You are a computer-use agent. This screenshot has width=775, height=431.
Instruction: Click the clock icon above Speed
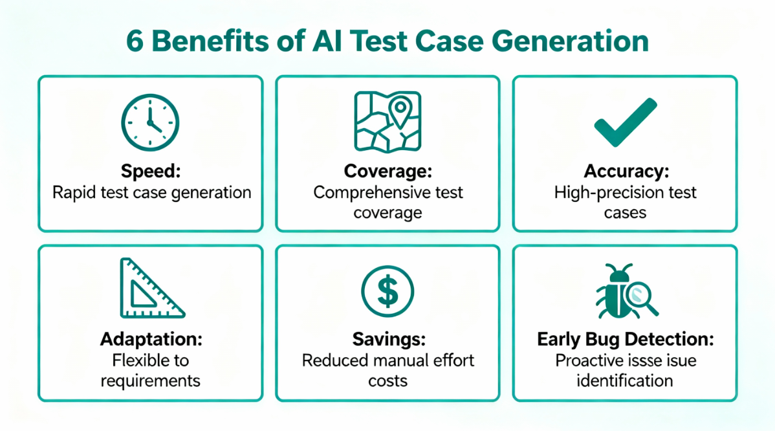150,122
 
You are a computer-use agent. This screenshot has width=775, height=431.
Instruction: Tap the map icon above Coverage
387,121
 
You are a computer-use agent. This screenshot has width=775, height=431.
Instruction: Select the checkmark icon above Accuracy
625,122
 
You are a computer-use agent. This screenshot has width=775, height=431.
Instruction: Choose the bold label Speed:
150,171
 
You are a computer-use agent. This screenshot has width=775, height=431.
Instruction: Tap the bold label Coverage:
387,171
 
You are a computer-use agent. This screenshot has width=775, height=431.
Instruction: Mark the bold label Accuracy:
625,171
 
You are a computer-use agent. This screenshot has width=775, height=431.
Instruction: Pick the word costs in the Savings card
387,381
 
